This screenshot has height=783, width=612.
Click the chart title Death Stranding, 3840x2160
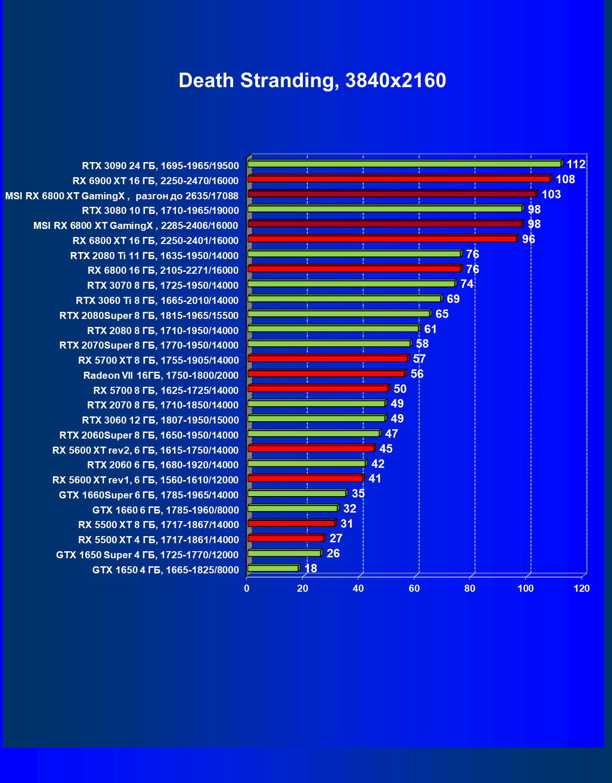tap(312, 81)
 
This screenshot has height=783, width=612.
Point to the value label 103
tap(551, 195)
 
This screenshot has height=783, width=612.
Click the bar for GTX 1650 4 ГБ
tap(273, 569)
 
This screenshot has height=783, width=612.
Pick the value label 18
tap(311, 569)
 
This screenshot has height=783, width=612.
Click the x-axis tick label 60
tap(414, 588)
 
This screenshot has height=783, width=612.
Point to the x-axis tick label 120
tap(581, 588)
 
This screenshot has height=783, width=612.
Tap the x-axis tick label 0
tap(247, 588)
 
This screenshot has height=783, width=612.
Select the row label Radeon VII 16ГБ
tap(161, 375)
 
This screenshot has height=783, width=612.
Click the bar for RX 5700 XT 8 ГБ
tap(327, 359)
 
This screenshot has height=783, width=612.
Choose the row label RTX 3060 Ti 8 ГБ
tap(157, 301)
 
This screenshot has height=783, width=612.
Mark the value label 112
tap(576, 164)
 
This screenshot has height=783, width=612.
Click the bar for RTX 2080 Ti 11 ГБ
tap(354, 254)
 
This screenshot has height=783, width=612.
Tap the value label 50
tap(400, 389)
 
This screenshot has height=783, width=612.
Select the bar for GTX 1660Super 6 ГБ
tap(297, 493)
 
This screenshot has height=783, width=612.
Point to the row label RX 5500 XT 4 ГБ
tap(158, 540)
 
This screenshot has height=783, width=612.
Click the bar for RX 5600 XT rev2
tap(311, 448)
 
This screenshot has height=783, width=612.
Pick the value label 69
tap(453, 299)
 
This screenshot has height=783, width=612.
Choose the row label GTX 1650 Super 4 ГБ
tap(147, 555)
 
